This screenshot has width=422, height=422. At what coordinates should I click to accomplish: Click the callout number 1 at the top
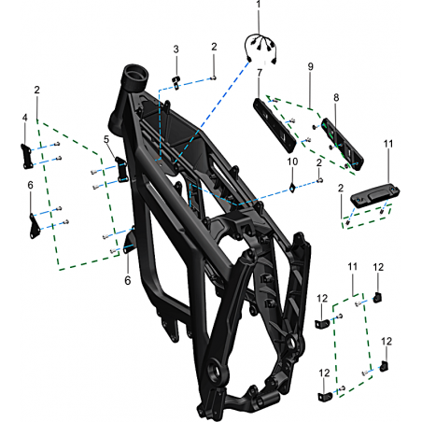(259, 5)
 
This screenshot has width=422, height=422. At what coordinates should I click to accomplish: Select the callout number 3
(176, 49)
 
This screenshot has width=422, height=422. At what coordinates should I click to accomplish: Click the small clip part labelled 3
(176, 83)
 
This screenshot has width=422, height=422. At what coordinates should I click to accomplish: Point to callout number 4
(25, 118)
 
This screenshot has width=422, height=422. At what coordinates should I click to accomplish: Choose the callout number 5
(106, 139)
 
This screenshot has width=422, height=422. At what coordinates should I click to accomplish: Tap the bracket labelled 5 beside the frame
(121, 170)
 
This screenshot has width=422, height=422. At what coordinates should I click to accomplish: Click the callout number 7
(260, 73)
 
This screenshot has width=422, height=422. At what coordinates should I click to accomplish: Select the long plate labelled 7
(274, 125)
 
